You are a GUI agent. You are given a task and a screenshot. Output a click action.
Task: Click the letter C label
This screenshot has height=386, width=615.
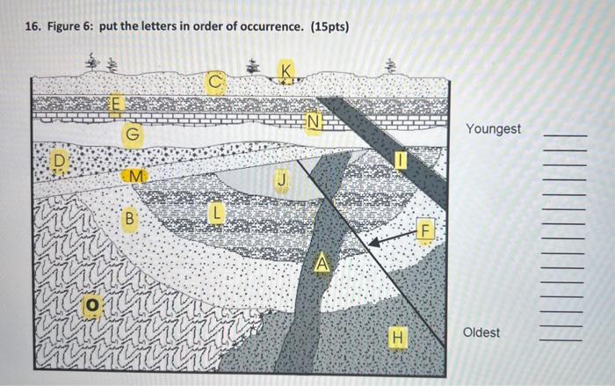tap(214, 82)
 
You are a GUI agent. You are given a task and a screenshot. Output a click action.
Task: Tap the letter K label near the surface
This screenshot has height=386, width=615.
tap(286, 70)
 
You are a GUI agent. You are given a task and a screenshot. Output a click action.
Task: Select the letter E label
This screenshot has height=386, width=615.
tap(115, 106)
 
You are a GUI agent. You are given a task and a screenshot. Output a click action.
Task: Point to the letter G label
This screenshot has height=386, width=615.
tap(132, 135)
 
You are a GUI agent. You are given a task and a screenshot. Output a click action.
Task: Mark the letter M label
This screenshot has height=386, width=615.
tap(134, 177)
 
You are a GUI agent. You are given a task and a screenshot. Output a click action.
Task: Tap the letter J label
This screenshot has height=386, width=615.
tap(281, 180)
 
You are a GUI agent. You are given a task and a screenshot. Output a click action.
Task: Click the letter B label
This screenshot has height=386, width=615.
tap(129, 216)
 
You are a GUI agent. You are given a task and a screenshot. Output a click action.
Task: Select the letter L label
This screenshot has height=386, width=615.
tap(217, 214)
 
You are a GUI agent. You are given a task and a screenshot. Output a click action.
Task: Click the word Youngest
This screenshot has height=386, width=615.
tap(493, 129)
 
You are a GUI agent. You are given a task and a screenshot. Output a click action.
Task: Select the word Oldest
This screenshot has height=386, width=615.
tap(481, 332)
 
